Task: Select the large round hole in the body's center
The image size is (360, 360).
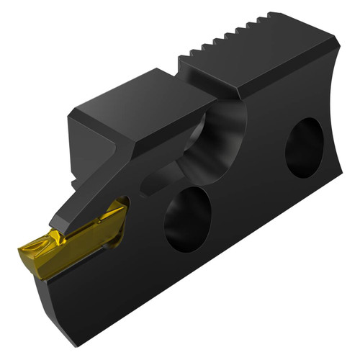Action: [x=189, y=220]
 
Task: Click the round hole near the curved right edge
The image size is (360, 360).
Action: [x=305, y=147]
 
